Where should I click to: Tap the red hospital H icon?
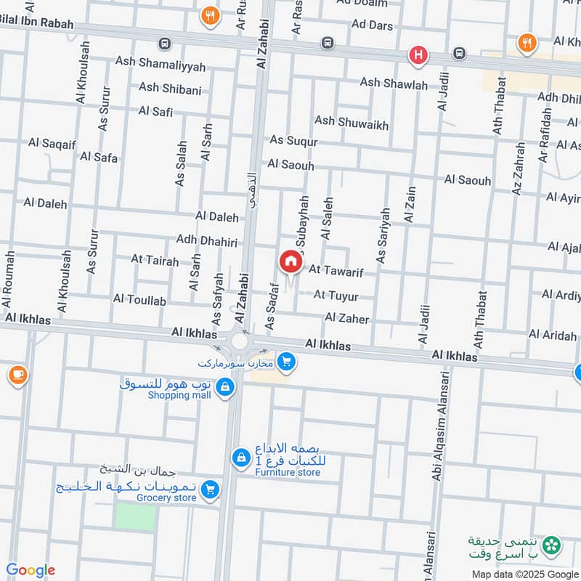point(418,54)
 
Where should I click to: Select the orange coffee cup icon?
point(17,375)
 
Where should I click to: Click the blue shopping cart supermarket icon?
point(287,360)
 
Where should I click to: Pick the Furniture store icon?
point(240,458)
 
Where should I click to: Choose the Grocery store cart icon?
point(211,490)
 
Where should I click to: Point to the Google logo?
point(31,571)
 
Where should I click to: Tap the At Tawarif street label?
point(336,270)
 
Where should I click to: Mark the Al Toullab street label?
point(139,300)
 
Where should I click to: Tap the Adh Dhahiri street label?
point(207,240)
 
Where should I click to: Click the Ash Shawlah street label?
point(394,84)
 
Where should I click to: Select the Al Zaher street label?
point(347,318)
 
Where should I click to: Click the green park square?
point(135,516)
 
